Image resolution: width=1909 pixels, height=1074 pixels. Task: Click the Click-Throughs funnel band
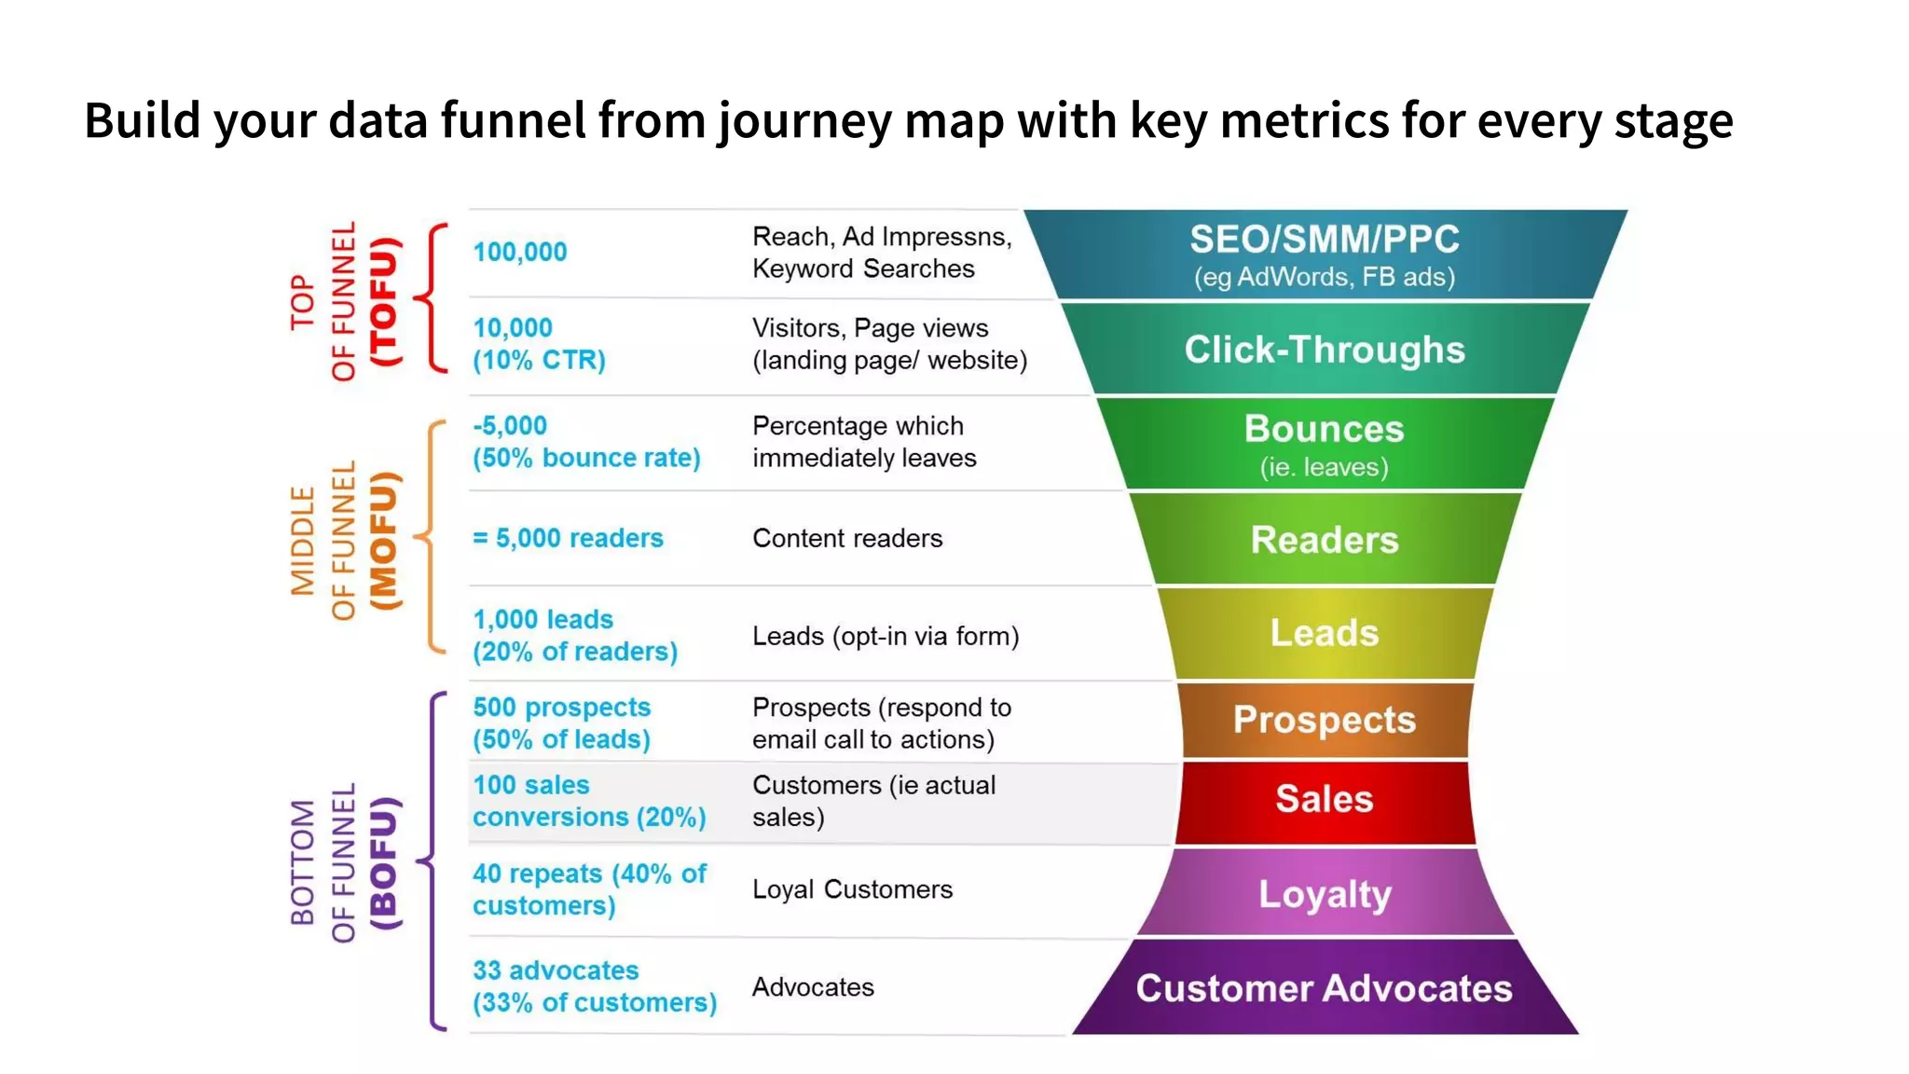point(1324,350)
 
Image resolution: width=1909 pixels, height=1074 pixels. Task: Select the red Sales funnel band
point(1324,800)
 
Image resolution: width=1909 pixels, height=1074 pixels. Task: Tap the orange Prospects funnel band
point(1324,720)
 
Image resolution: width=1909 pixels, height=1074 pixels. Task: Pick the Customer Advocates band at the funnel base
point(1324,988)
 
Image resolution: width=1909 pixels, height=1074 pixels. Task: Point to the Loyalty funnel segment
point(1324,893)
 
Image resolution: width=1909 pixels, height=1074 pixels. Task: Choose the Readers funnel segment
point(1324,540)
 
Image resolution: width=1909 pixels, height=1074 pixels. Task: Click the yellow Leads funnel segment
point(1324,633)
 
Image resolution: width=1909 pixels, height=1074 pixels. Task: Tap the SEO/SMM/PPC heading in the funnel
point(1324,240)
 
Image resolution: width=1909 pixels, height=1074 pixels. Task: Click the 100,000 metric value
point(519,252)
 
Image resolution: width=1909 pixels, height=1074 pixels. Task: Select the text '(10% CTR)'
point(539,360)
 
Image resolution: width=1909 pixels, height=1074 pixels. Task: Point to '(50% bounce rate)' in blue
point(586,458)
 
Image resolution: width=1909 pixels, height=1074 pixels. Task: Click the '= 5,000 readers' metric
point(568,538)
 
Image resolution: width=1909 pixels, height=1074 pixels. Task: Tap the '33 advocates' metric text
point(556,971)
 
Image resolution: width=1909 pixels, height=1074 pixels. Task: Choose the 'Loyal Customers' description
point(852,889)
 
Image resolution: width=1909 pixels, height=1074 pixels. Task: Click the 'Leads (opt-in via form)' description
point(886,636)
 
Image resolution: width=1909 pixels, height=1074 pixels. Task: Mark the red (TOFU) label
point(384,301)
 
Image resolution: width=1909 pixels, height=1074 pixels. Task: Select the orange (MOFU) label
point(384,541)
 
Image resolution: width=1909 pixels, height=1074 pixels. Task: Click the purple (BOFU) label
point(384,862)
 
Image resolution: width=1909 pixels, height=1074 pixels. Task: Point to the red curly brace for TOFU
point(431,298)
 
